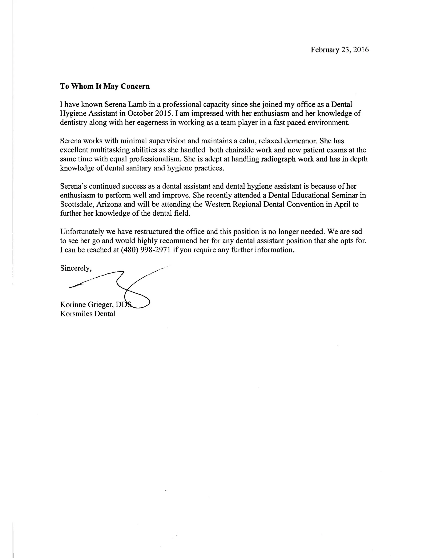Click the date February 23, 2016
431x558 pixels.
tap(340, 49)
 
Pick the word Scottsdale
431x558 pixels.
tap(77, 204)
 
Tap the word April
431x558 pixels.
tap(342, 204)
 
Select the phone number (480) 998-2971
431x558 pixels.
tap(146, 250)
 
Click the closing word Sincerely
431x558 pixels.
tap(76, 268)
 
